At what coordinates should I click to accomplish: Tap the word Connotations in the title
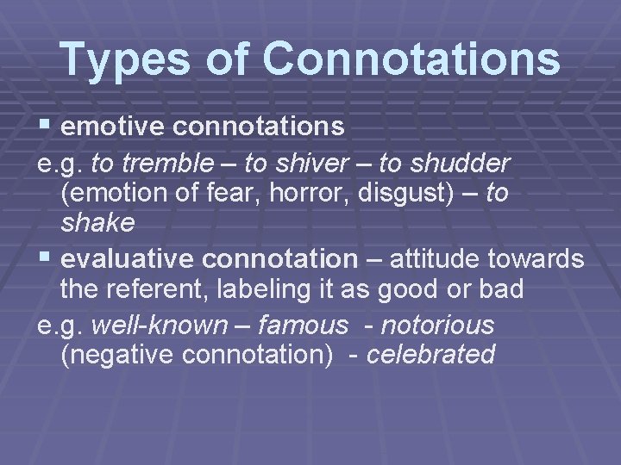pos(411,60)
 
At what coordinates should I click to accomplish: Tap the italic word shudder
pos(461,162)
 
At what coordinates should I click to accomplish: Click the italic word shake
pos(97,224)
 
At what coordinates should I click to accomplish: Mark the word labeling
pos(254,290)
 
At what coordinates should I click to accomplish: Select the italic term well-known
pos(161,325)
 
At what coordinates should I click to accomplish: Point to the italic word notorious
pos(437,325)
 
